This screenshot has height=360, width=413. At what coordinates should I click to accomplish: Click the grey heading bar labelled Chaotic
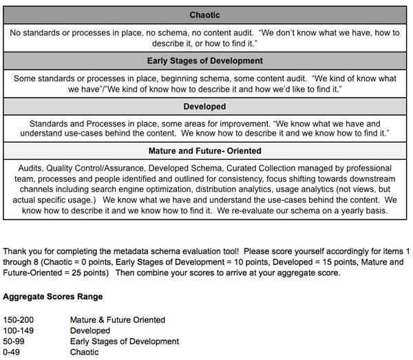205,15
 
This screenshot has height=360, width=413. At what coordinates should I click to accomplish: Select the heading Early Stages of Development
205,61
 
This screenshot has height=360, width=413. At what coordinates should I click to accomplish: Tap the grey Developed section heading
205,107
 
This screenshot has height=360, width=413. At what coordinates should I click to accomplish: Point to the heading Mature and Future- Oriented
205,151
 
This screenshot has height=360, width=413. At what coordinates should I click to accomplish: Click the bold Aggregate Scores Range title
53,297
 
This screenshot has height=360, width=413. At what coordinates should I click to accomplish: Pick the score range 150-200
18,320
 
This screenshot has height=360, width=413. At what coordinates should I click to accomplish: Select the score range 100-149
18,331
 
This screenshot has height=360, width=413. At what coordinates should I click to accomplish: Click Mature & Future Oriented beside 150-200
118,320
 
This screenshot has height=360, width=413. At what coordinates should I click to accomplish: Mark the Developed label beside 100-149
90,331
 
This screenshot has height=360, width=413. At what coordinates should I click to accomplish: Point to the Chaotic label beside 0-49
85,352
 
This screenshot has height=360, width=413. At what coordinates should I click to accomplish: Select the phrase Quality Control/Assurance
96,168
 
